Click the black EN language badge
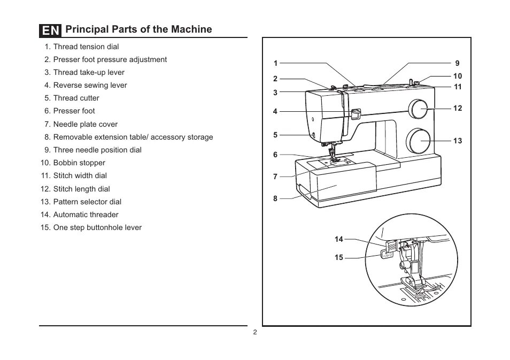[x=50, y=30]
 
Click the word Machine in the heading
[x=191, y=29]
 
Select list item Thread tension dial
[x=82, y=47]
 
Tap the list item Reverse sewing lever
[x=86, y=85]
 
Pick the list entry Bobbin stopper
[x=73, y=163]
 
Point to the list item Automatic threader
[x=79, y=215]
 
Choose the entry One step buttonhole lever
[x=91, y=227]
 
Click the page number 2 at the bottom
[x=255, y=332]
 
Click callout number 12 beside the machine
[x=458, y=108]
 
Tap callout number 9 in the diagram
[x=457, y=63]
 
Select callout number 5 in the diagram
[x=275, y=135]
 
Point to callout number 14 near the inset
[x=339, y=239]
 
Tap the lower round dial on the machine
[x=418, y=141]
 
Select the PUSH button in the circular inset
[x=386, y=255]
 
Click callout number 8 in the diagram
[x=275, y=198]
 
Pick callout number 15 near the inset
[x=339, y=257]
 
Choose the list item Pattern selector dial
[x=81, y=202]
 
